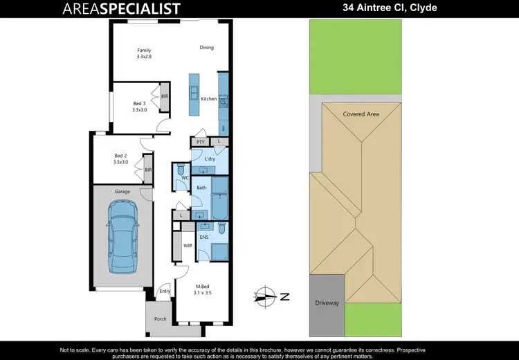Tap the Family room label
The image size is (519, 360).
point(144,51)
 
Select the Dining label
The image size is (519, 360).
point(206,48)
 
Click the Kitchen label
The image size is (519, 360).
point(208,100)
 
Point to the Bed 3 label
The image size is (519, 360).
point(140,104)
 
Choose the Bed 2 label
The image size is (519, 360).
point(121,156)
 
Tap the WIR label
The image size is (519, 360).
point(187,245)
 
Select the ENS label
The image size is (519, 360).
point(204,237)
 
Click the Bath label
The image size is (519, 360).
point(201,188)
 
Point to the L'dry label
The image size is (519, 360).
point(210,159)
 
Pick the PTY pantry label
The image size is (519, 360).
point(200,142)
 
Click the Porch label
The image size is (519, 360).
point(160,319)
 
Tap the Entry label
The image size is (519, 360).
point(165,291)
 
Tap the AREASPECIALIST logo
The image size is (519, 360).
point(121,9)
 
